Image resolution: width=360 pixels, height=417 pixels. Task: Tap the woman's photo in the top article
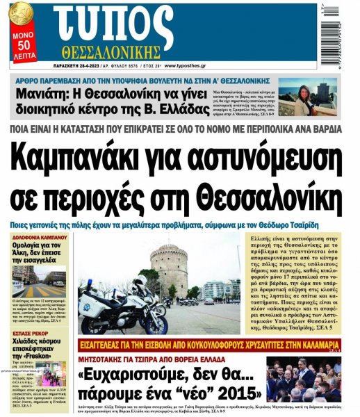[306, 95]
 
